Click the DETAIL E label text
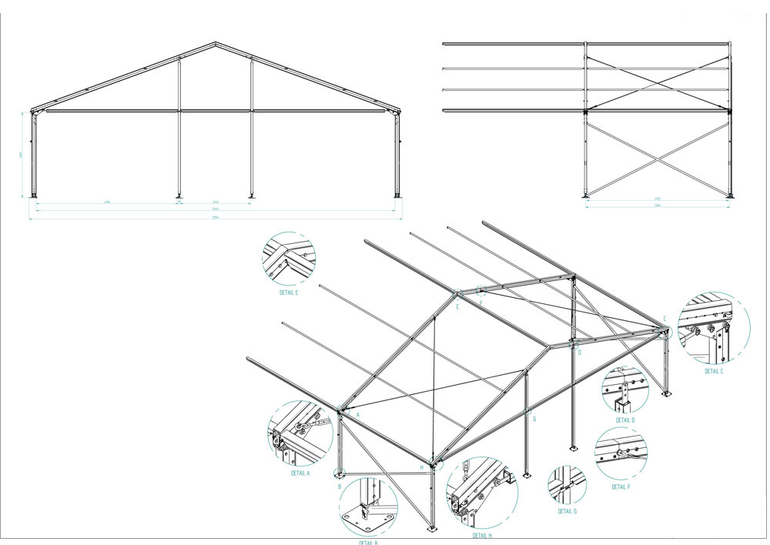coord(289,293)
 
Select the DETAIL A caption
coord(300,473)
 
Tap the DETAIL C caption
coord(714,371)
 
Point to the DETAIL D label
coord(625,420)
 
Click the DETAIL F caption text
coord(621,486)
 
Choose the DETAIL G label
coord(567,511)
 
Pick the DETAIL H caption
coord(482,535)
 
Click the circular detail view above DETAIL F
coord(621,454)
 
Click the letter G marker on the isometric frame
coord(534,420)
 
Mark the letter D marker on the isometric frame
coord(579,353)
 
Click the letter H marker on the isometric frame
coord(421,467)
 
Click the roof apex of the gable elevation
coord(216,43)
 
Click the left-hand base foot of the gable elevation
coord(34,194)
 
